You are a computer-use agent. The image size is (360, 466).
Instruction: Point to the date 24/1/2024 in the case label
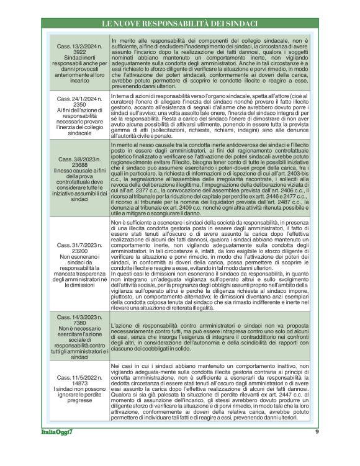coord(74,99)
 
